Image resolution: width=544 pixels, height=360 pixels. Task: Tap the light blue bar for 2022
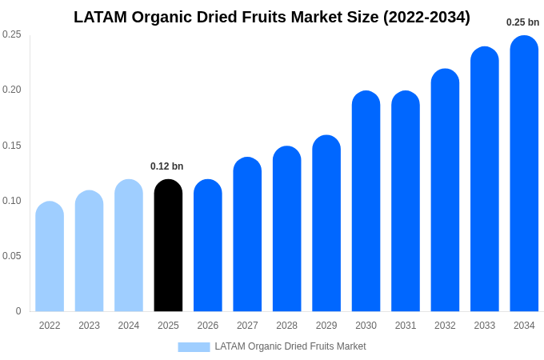(x=50, y=257)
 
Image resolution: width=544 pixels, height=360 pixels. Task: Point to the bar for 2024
(x=129, y=246)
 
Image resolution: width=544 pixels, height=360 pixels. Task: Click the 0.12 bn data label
(x=167, y=166)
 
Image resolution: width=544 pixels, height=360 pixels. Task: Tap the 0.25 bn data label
(x=523, y=22)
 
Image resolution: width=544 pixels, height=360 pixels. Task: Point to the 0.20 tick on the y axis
(x=12, y=90)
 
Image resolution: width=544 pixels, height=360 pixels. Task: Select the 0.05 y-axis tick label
(x=12, y=256)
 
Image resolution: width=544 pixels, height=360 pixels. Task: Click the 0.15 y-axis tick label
(x=12, y=146)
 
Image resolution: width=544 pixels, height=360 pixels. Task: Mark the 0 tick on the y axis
(x=18, y=311)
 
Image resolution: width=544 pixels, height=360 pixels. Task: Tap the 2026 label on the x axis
(x=208, y=326)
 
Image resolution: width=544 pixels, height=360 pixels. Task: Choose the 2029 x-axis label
(x=326, y=326)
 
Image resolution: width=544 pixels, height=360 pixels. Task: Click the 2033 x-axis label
(x=484, y=326)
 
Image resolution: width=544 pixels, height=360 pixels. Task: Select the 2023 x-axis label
(x=89, y=326)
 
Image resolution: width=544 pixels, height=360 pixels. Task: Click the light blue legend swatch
(x=194, y=346)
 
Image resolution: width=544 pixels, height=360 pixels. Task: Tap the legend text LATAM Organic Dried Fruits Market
(x=290, y=346)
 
